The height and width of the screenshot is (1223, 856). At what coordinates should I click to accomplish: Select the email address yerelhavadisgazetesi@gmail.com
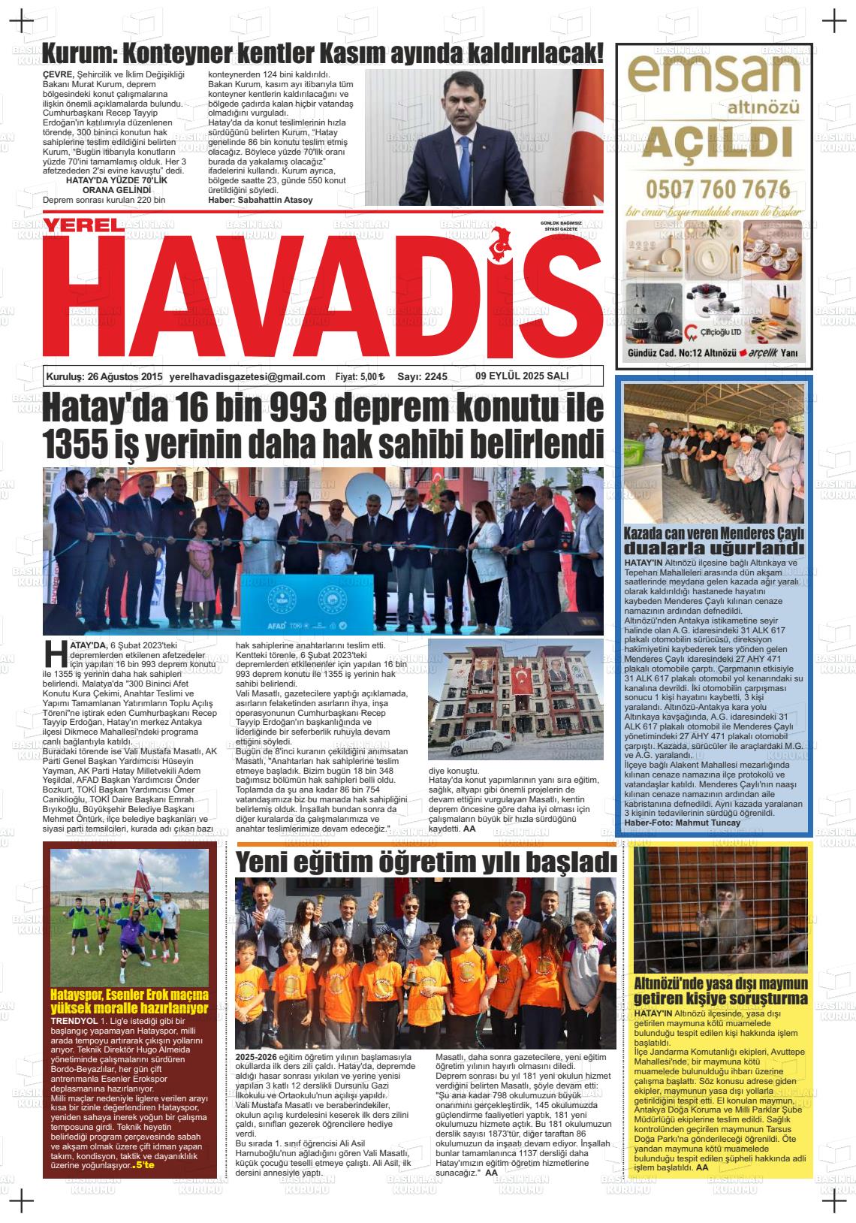(248, 377)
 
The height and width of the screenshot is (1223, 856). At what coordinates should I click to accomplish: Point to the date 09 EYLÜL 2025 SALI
(522, 376)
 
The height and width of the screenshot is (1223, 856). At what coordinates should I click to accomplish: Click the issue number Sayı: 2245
(422, 377)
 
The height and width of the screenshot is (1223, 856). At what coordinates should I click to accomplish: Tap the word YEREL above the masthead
(80, 225)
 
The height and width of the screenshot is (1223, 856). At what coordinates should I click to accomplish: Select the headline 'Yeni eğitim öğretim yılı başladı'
(426, 862)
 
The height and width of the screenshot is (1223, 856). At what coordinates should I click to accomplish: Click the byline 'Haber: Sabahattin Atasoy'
(261, 201)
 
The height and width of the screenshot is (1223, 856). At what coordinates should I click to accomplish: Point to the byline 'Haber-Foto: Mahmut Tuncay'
(682, 823)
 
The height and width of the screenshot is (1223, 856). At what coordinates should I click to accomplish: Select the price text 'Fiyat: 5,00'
(360, 377)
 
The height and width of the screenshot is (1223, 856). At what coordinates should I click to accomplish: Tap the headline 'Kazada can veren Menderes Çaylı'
(714, 534)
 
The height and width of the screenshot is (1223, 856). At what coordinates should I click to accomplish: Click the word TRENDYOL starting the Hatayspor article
(73, 1021)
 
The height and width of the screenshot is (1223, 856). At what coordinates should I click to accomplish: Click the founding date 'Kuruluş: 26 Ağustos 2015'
(104, 377)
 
